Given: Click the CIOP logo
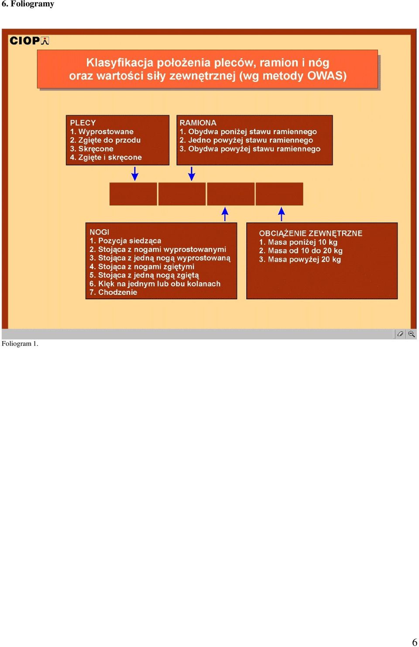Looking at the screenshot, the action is (x=29, y=41).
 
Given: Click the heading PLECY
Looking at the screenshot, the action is (x=83, y=123).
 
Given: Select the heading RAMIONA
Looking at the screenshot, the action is (x=198, y=123).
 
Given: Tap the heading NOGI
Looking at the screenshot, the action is (x=99, y=232).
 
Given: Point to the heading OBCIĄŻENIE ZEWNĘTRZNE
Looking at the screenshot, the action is (x=310, y=234).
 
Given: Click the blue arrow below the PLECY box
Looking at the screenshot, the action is (x=135, y=173).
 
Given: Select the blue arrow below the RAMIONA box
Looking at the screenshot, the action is (x=192, y=173).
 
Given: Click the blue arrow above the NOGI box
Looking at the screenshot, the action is (x=225, y=214).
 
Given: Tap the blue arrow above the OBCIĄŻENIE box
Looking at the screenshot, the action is (x=282, y=214).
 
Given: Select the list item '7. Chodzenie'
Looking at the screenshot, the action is (x=113, y=292).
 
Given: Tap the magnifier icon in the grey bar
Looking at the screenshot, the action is (x=412, y=334).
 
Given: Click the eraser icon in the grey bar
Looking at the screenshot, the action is (x=400, y=334).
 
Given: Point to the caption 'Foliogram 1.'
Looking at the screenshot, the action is (x=20, y=344).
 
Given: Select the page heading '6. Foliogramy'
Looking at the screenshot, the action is (x=28, y=4).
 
